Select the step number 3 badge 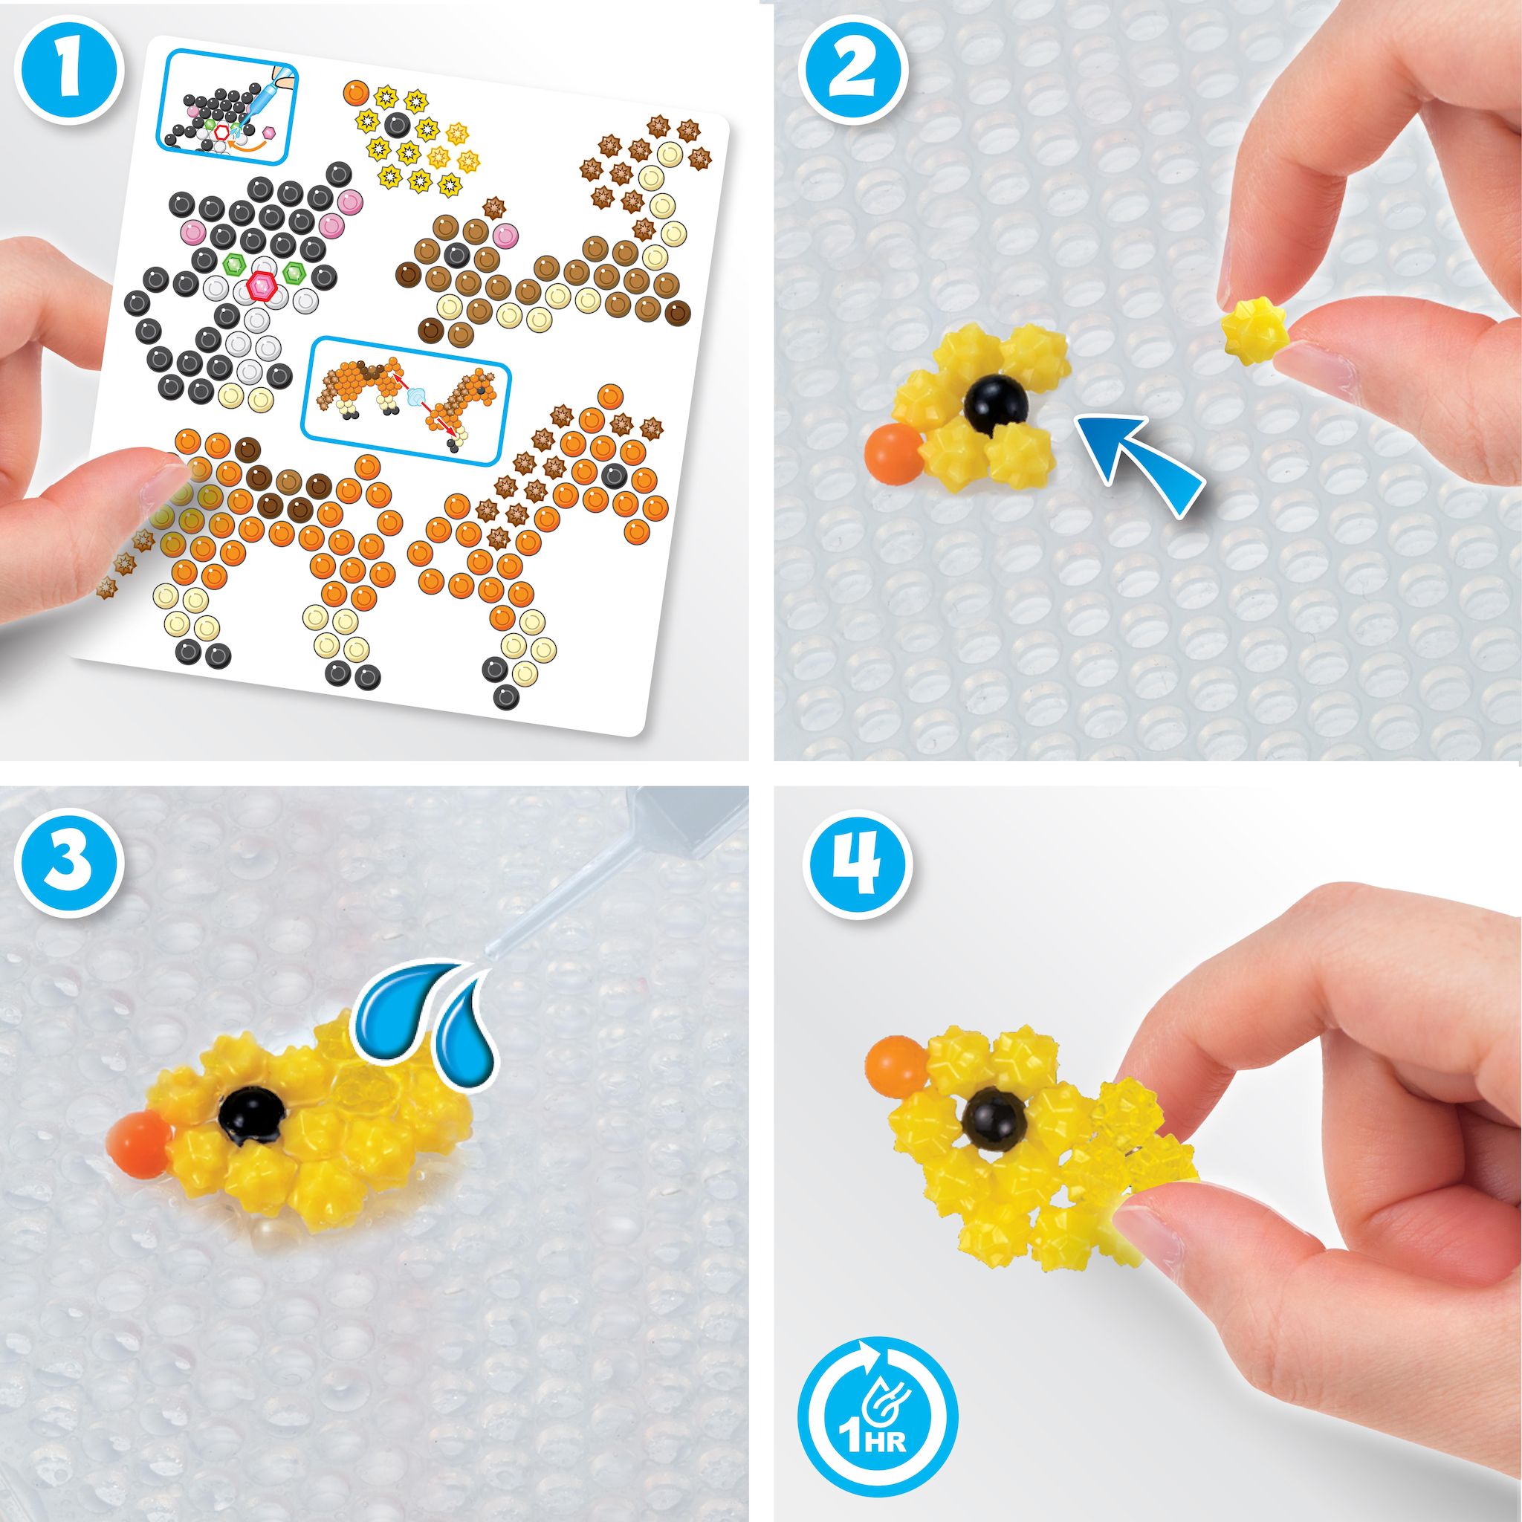tap(70, 866)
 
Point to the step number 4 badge tap(853, 866)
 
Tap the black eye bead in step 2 tap(997, 407)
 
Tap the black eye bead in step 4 tap(996, 1118)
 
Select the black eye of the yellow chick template tap(398, 123)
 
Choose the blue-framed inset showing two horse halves tap(407, 401)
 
